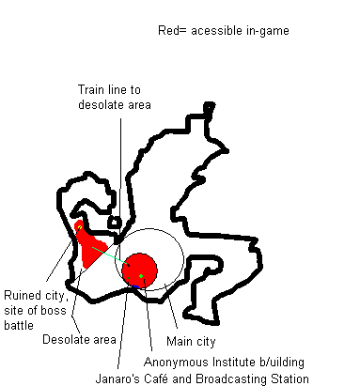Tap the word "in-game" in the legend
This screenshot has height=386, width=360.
[265, 31]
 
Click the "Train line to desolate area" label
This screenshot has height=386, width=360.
[114, 97]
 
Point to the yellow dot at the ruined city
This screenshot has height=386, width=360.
[80, 226]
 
